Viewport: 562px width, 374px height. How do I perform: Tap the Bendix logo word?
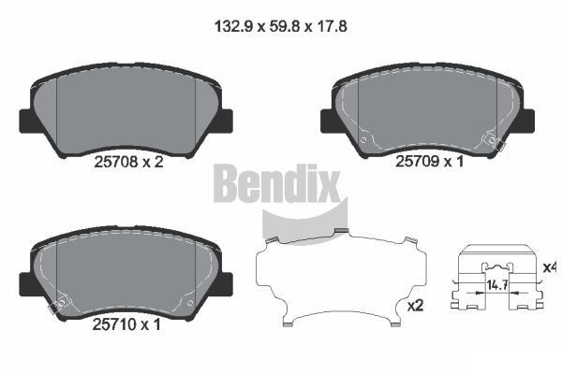tap(276, 183)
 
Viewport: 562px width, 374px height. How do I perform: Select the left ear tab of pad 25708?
tap(27, 121)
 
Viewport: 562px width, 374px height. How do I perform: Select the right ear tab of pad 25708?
tap(225, 121)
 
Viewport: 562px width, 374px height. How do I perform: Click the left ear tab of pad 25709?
tap(329, 121)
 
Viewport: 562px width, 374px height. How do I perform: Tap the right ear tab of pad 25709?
tap(527, 121)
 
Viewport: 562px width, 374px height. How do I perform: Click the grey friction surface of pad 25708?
tap(126, 108)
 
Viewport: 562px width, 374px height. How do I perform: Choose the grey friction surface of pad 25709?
tap(427, 108)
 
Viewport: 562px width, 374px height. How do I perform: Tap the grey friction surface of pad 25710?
tap(126, 271)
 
